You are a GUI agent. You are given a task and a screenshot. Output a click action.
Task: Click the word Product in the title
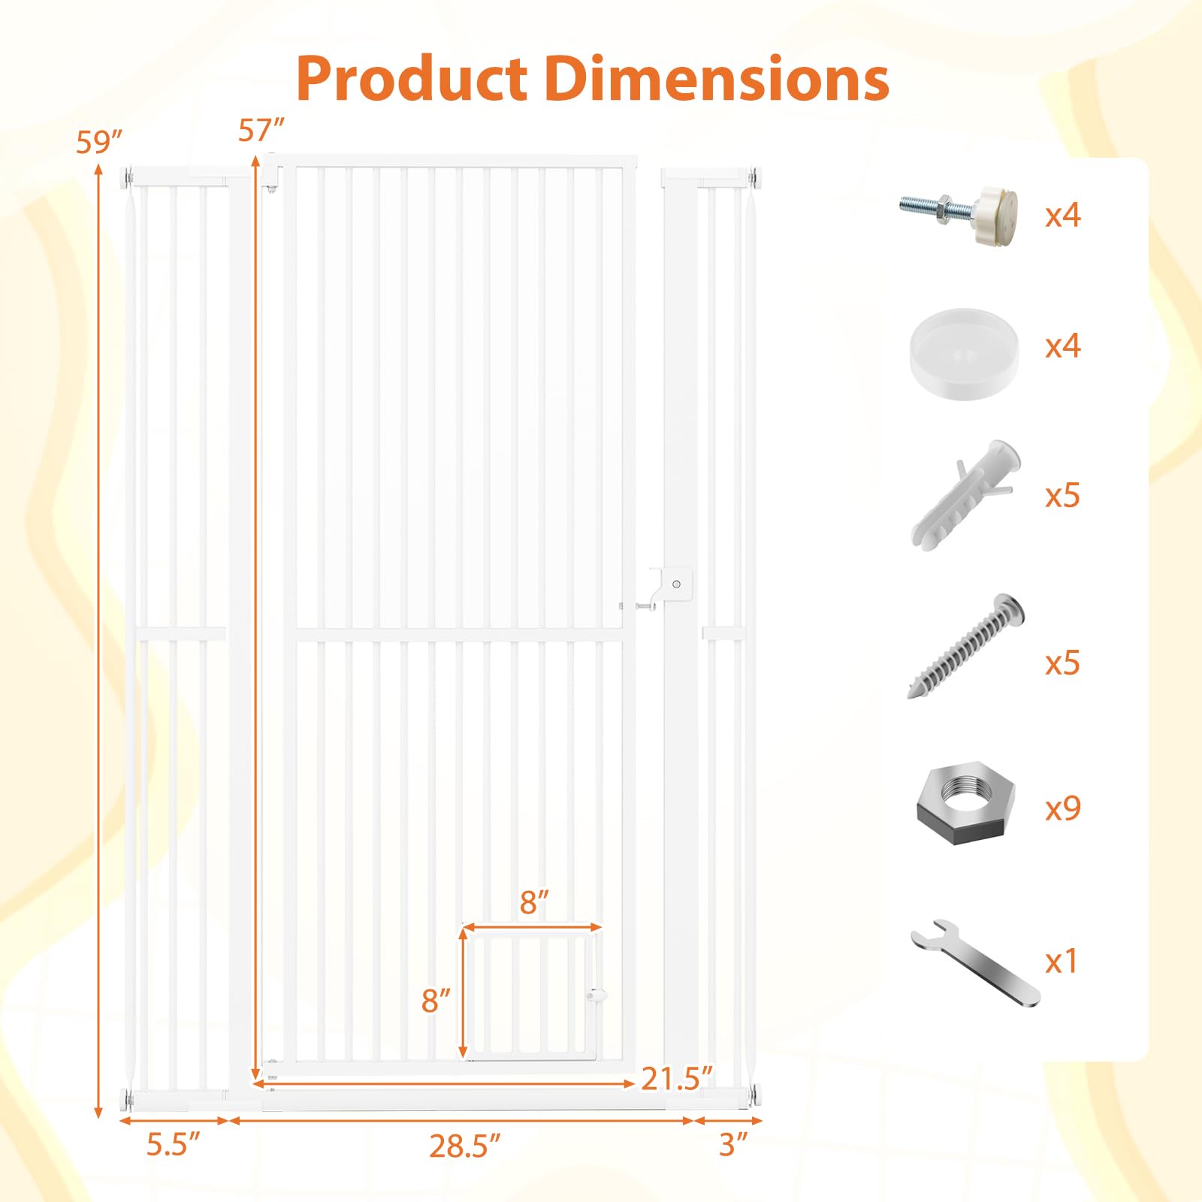click(x=412, y=78)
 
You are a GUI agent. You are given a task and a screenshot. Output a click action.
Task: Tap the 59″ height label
click(x=99, y=141)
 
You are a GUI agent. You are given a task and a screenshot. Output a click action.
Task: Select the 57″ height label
click(x=261, y=130)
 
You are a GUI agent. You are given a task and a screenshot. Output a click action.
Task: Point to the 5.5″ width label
click(x=174, y=1144)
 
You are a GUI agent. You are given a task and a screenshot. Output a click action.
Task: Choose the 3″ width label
click(x=734, y=1144)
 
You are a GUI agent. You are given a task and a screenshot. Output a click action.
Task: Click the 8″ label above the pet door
click(x=534, y=902)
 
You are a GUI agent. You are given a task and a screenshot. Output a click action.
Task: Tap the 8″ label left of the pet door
click(x=436, y=1000)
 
